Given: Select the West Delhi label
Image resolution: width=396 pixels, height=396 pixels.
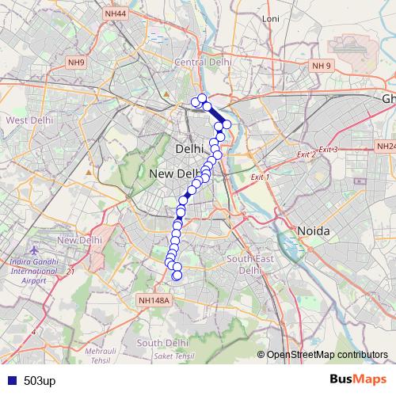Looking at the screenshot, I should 29,120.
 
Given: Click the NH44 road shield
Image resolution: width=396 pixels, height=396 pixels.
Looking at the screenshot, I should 116,14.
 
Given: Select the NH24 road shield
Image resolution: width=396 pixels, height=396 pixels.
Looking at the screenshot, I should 386,147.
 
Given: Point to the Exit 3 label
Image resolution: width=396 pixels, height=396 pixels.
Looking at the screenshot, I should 328,150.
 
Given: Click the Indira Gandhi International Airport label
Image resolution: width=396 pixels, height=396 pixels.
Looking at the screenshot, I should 32,270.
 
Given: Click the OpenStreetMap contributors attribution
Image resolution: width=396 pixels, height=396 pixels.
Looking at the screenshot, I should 326,354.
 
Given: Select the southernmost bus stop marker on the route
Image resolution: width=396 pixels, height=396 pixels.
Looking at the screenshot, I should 177,276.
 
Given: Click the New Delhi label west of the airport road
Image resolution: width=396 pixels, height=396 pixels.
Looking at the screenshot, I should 79,240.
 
